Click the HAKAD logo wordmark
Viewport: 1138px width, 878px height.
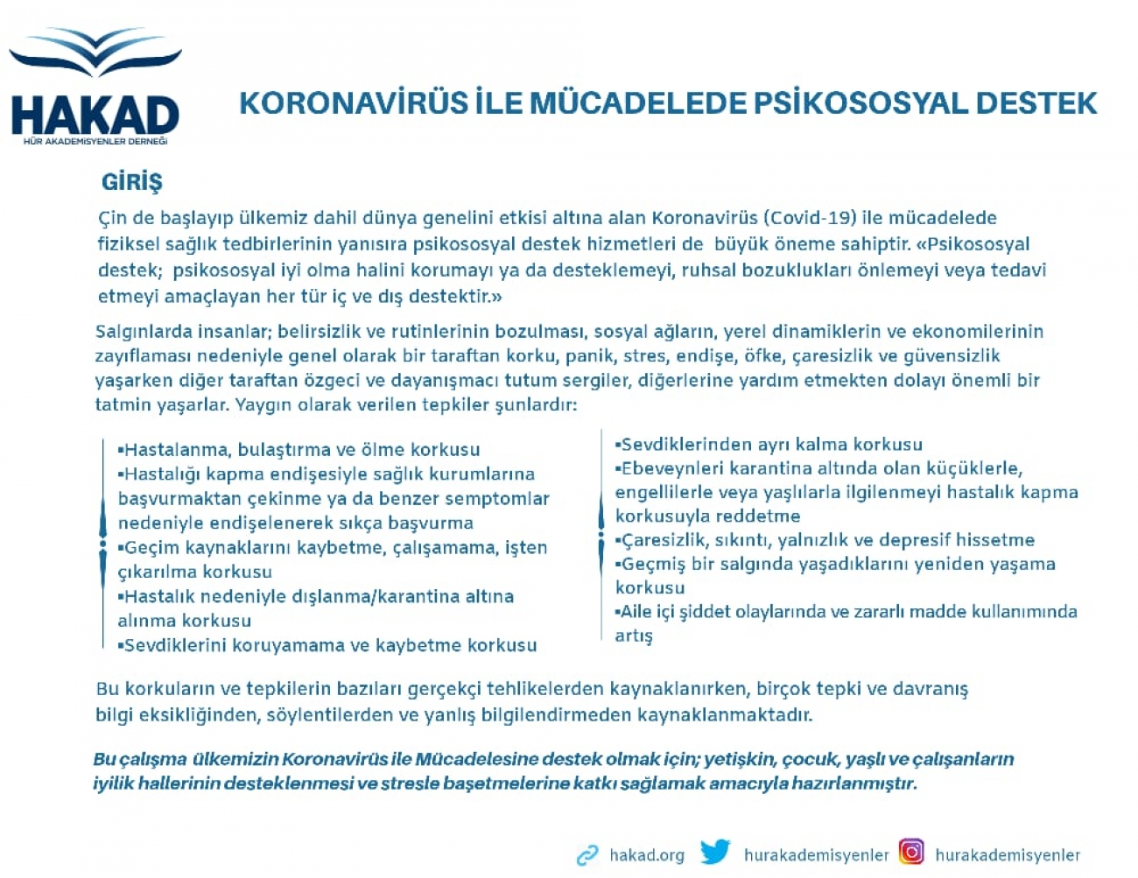click(95, 116)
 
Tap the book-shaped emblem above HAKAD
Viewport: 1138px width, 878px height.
click(95, 52)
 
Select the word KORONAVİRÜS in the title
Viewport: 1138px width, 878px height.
click(354, 102)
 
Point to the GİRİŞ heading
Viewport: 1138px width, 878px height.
click(132, 183)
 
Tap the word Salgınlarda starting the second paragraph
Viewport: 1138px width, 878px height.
click(143, 333)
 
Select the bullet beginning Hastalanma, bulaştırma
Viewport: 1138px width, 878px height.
click(299, 450)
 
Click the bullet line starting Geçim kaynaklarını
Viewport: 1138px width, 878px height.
click(333, 548)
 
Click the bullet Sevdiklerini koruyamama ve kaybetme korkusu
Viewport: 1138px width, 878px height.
click(327, 645)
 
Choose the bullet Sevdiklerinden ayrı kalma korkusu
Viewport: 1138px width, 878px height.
click(769, 445)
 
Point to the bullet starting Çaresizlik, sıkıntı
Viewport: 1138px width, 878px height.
click(825, 540)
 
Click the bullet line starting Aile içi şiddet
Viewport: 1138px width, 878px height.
click(846, 612)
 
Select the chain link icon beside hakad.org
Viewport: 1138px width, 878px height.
click(587, 855)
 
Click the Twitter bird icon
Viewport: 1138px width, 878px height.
click(715, 853)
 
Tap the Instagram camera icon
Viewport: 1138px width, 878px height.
click(912, 852)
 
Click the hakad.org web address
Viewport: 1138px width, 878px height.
click(647, 855)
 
